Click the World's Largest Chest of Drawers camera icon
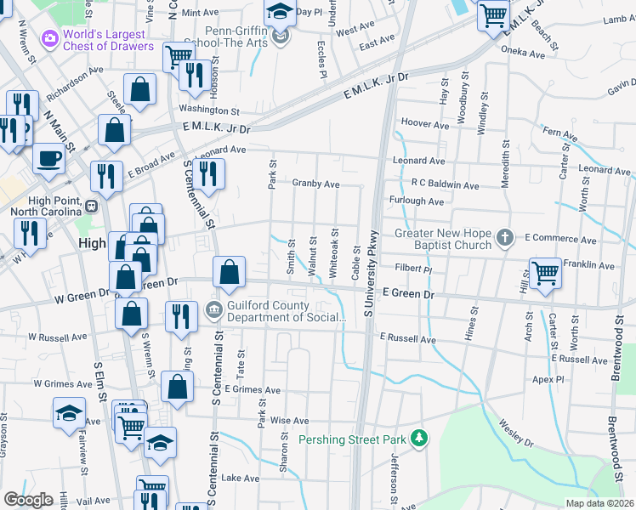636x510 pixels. pyautogui.click(x=49, y=37)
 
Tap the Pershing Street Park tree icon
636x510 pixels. pyautogui.click(x=418, y=439)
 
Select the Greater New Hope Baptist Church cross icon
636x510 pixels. pyautogui.click(x=505, y=236)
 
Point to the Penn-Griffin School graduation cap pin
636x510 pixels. pyautogui.click(x=278, y=12)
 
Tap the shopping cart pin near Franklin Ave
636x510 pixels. pyautogui.click(x=545, y=273)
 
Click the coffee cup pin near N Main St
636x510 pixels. pyautogui.click(x=49, y=157)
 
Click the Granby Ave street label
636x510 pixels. pyautogui.click(x=315, y=184)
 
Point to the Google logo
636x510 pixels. pyautogui.click(x=29, y=500)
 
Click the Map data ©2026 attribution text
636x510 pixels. pyautogui.click(x=599, y=503)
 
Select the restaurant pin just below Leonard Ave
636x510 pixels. pyautogui.click(x=206, y=173)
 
